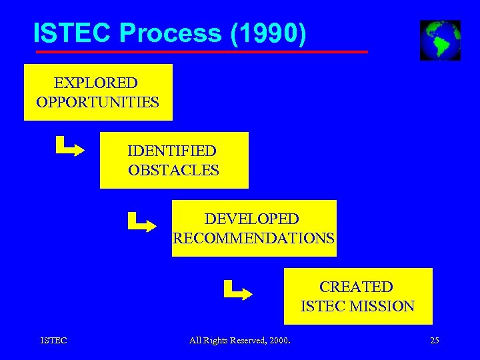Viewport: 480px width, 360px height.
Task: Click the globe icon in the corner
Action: (440, 40)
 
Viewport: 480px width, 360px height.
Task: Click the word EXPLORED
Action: (95, 83)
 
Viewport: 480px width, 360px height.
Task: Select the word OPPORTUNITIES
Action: (98, 102)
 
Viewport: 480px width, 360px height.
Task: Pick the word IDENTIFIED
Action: (172, 151)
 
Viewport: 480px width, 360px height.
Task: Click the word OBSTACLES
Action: (173, 170)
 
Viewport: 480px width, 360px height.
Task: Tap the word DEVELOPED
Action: (251, 219)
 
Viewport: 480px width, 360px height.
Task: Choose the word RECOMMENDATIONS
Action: (253, 237)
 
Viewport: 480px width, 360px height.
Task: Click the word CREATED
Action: (356, 287)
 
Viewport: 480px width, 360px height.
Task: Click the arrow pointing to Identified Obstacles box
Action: (69, 146)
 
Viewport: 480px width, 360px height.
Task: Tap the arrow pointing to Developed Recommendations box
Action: (141, 222)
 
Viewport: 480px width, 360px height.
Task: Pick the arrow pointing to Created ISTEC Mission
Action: (237, 290)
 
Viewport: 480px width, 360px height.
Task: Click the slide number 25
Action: (434, 341)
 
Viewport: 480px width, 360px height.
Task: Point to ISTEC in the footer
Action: (53, 341)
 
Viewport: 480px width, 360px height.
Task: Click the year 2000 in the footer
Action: (279, 341)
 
